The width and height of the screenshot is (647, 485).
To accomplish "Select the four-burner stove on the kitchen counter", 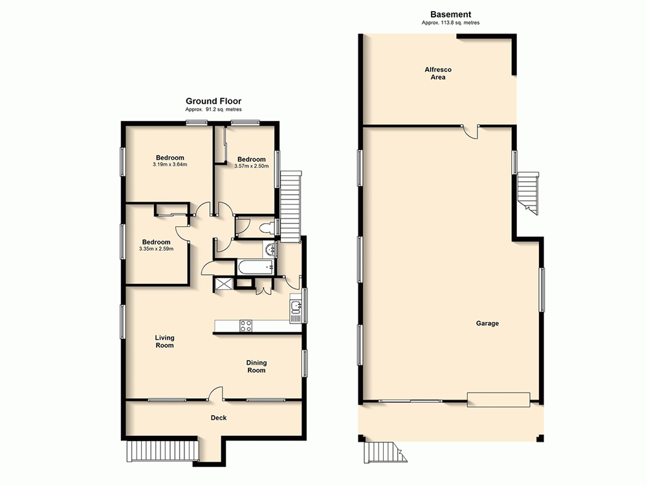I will [246, 326].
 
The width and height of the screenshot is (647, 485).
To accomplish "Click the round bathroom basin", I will [270, 249].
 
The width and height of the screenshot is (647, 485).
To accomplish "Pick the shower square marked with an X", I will [225, 282].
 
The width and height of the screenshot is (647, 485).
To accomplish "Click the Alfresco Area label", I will [439, 72].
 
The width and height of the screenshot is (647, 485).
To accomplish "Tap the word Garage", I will [487, 323].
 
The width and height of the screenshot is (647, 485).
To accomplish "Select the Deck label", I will [219, 418].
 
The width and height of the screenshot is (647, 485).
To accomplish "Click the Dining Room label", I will [256, 367].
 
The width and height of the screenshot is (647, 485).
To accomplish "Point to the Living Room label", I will [164, 341].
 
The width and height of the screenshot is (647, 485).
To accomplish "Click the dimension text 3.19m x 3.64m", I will [170, 164].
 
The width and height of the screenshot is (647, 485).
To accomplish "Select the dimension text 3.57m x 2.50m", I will [251, 166].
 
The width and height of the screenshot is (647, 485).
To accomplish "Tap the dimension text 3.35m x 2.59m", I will [156, 249].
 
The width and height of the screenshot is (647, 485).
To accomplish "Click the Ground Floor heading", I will [214, 101].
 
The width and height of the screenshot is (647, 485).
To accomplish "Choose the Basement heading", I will [450, 14].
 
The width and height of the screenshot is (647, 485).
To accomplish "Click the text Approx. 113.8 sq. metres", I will [450, 23].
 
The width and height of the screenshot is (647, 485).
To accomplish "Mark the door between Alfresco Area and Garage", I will [470, 131].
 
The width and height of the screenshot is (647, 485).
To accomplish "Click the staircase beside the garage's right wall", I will [528, 192].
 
